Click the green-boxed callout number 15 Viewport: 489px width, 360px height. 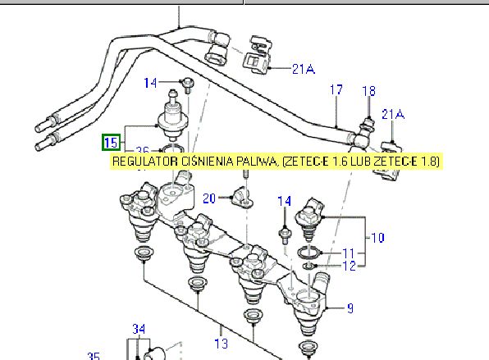click(x=112, y=142)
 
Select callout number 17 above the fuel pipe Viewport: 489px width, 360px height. click(x=336, y=89)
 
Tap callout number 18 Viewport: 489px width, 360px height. click(x=368, y=91)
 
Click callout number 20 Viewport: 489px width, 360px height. click(x=209, y=198)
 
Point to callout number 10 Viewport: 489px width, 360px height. click(x=377, y=238)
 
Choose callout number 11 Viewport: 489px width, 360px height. click(x=349, y=253)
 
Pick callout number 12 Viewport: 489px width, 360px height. click(x=349, y=266)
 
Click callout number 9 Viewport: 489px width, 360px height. click(x=350, y=308)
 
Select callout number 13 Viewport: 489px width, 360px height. click(x=221, y=344)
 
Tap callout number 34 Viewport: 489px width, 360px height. click(x=139, y=329)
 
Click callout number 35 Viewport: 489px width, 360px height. click(x=94, y=356)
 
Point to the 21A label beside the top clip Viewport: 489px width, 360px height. click(x=303, y=69)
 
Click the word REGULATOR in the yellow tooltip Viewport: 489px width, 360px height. click(x=144, y=162)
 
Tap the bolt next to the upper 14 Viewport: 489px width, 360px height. click(x=188, y=85)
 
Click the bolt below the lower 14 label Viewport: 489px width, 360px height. click(x=285, y=235)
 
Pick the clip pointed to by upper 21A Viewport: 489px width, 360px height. click(x=257, y=56)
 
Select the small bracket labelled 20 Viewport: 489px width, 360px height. click(x=242, y=198)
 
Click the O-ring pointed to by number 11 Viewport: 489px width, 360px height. click(x=308, y=252)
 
